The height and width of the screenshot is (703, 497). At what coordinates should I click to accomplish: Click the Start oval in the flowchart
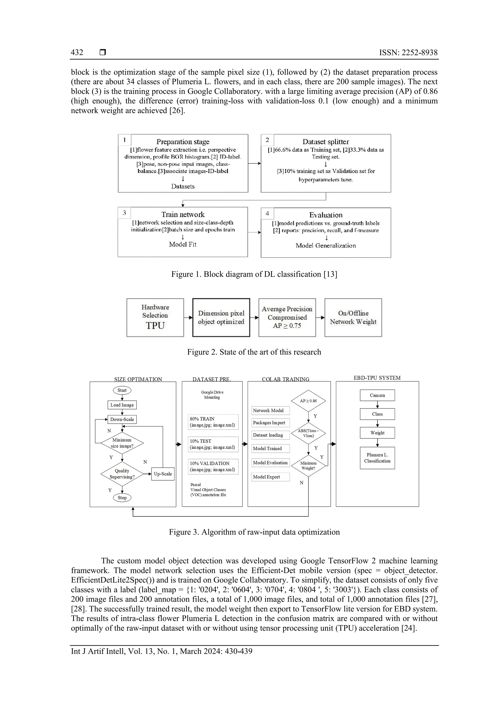pyautogui.click(x=122, y=390)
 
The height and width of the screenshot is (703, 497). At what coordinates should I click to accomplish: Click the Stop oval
pyautogui.click(x=122, y=498)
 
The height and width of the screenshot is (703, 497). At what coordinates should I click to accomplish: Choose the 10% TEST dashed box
pyautogui.click(x=213, y=444)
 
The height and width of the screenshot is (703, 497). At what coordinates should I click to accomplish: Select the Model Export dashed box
pyautogui.click(x=270, y=477)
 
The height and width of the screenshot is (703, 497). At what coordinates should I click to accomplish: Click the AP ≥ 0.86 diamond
pyautogui.click(x=308, y=401)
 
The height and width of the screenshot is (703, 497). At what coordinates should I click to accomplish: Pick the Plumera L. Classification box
pyautogui.click(x=377, y=458)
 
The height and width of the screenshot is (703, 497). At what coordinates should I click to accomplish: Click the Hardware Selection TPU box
pyautogui.click(x=155, y=318)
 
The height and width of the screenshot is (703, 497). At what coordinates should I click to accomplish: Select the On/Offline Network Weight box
pyautogui.click(x=353, y=318)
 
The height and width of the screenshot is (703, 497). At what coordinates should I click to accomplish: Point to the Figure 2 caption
pyautogui.click(x=254, y=352)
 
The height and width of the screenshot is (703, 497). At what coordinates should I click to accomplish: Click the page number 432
pyautogui.click(x=77, y=52)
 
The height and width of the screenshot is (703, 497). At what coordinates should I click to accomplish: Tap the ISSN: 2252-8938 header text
pyautogui.click(x=408, y=52)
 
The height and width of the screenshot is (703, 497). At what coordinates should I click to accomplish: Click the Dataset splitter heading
pyautogui.click(x=326, y=142)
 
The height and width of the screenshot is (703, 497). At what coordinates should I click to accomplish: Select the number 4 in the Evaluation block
pyautogui.click(x=267, y=213)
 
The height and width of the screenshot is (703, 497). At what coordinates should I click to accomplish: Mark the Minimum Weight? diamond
pyautogui.click(x=308, y=466)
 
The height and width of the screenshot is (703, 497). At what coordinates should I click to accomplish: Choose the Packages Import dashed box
pyautogui.click(x=270, y=423)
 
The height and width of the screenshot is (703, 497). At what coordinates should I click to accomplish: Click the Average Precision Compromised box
pyautogui.click(x=287, y=318)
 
